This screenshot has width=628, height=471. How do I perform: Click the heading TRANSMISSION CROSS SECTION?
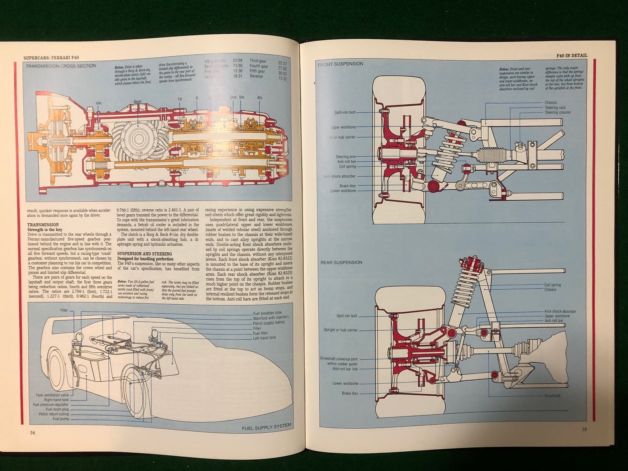tap(60, 66)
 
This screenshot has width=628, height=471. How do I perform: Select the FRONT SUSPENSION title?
tap(340, 64)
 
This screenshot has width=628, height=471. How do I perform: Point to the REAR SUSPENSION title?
tap(341, 262)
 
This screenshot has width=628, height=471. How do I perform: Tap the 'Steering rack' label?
tap(555, 107)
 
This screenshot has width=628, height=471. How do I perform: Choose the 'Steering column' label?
tap(557, 112)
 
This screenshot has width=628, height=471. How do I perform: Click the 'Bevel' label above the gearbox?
tap(137, 102)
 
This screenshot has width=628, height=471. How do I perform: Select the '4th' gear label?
tap(259, 98)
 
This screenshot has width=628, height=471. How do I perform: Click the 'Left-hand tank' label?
tap(264, 338)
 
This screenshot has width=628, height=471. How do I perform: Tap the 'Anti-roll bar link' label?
tap(345, 369)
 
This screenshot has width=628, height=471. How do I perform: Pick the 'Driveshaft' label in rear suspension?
tap(552, 396)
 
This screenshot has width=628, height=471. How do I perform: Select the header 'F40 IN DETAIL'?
tap(572, 55)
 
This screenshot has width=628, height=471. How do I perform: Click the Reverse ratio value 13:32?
tap(283, 78)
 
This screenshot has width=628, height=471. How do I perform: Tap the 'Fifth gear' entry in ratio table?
tap(257, 71)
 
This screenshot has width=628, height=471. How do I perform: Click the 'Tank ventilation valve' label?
tap(52, 395)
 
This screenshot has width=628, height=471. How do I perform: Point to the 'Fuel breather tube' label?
tap(267, 313)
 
